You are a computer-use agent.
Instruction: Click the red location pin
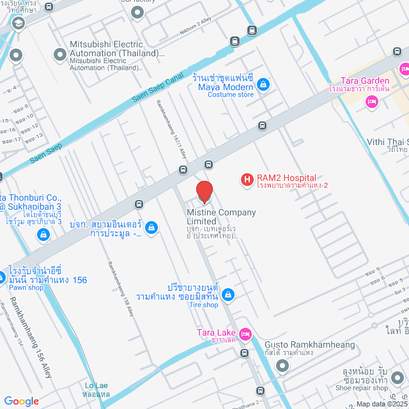click(x=204, y=191)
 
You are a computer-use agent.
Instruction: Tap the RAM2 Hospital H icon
click(x=245, y=181)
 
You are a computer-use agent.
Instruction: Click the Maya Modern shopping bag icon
click(x=263, y=84)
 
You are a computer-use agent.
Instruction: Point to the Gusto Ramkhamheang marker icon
click(x=282, y=366)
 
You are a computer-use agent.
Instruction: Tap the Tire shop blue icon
click(x=229, y=294)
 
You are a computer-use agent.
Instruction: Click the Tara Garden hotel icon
click(x=370, y=102)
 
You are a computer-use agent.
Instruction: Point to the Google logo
click(x=21, y=401)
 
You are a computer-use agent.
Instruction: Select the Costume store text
click(x=230, y=95)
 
